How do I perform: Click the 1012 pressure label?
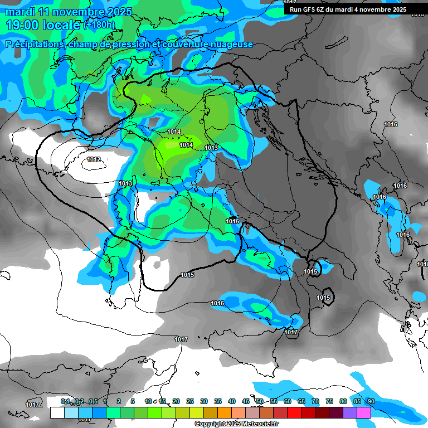94,160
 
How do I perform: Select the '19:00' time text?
24,25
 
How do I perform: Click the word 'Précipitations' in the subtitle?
34,44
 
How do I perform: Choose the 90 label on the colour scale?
371,401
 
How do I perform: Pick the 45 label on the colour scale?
246,401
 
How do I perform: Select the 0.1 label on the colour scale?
65,401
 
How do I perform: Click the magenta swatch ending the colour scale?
364,412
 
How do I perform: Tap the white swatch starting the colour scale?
57,412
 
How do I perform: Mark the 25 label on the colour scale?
190,401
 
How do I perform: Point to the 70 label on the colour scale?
315,401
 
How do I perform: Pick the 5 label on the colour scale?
133,401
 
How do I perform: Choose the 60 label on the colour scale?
288,401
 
